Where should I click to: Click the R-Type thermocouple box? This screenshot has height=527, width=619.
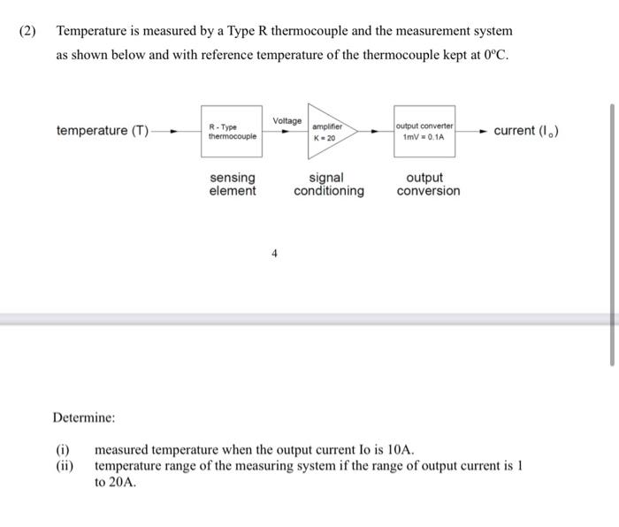pyautogui.click(x=232, y=132)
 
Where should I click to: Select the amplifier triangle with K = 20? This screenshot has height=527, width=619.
pyautogui.click(x=324, y=132)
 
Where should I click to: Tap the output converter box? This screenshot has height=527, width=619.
pyautogui.click(x=425, y=132)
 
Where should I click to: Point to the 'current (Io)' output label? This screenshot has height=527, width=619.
pyautogui.click(x=526, y=131)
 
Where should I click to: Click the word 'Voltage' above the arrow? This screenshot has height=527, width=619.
pyautogui.click(x=287, y=120)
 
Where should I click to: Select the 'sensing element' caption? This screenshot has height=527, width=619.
pyautogui.click(x=233, y=184)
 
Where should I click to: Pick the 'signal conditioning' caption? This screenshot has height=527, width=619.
pyautogui.click(x=328, y=184)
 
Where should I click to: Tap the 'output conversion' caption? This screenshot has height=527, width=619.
pyautogui.click(x=428, y=184)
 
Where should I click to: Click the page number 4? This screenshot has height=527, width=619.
pyautogui.click(x=274, y=254)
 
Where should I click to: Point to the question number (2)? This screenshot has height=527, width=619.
pyautogui.click(x=28, y=31)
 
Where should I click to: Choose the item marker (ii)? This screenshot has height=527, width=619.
pyautogui.click(x=64, y=466)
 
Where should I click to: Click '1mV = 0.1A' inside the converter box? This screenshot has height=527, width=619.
pyautogui.click(x=425, y=138)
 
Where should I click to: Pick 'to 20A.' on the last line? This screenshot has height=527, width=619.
pyautogui.click(x=115, y=483)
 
